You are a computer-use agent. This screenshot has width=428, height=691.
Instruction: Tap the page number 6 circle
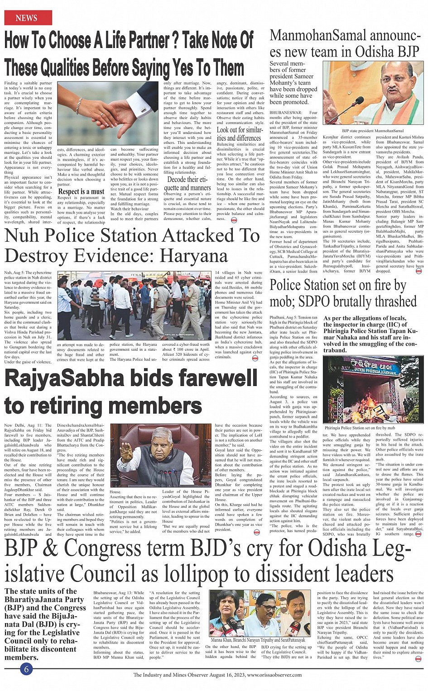point(27,669)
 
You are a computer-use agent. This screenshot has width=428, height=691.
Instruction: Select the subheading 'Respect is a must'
point(82,191)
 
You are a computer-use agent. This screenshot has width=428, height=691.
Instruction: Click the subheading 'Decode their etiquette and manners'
point(188,183)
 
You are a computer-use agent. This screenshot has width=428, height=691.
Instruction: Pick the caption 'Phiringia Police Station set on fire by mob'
point(360,427)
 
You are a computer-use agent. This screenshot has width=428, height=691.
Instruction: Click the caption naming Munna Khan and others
point(258,640)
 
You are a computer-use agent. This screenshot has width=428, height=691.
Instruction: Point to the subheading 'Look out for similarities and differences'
point(240,134)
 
